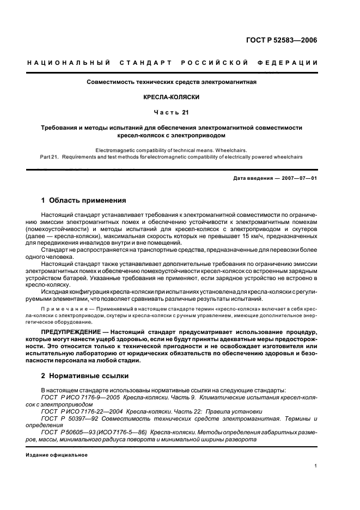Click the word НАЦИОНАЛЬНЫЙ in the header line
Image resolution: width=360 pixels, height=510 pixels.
tap(61, 63)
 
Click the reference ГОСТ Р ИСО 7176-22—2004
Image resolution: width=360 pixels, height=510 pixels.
tap(78, 411)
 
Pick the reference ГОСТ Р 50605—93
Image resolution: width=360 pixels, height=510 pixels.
tap(67, 431)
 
